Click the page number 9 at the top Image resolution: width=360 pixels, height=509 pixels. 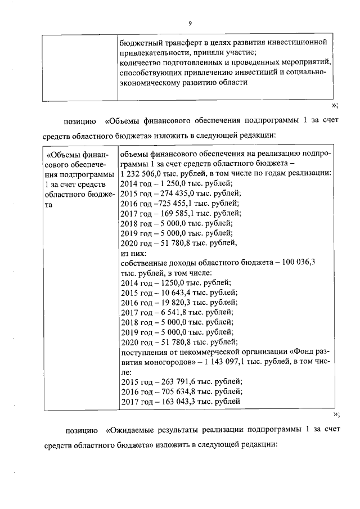(x=190, y=23)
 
